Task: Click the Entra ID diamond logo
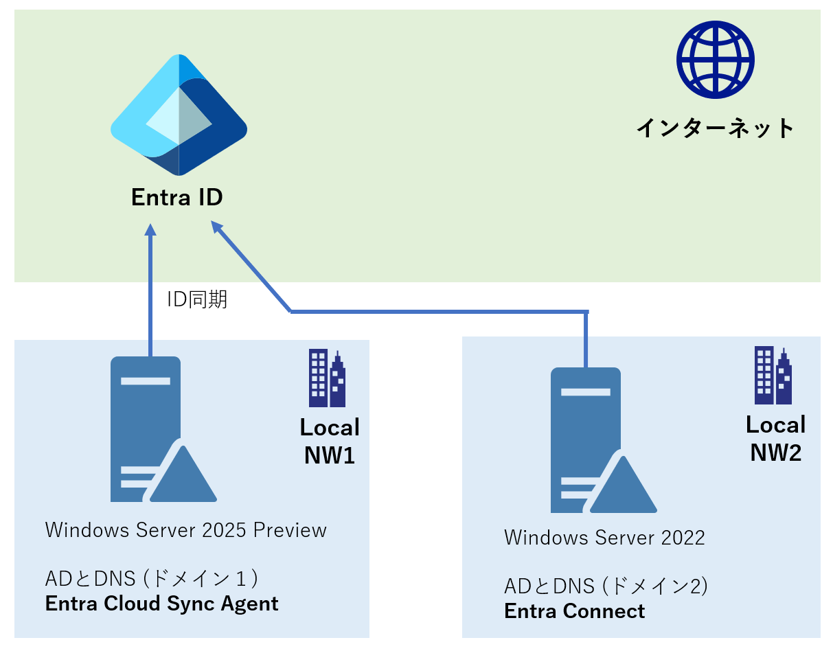click(179, 115)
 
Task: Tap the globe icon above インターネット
click(715, 59)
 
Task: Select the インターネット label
click(715, 128)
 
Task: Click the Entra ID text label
click(177, 198)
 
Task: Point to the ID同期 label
click(197, 299)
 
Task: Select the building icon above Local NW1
click(327, 378)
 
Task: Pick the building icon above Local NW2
click(773, 376)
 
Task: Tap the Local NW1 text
click(330, 441)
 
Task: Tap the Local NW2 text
click(776, 439)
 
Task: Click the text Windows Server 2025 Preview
click(185, 530)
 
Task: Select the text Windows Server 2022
click(604, 538)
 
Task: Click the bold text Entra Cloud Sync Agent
click(162, 604)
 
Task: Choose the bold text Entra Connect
click(575, 611)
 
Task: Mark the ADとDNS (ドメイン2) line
click(606, 586)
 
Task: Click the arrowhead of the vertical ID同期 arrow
click(150, 229)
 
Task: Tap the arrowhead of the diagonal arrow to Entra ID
click(217, 227)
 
